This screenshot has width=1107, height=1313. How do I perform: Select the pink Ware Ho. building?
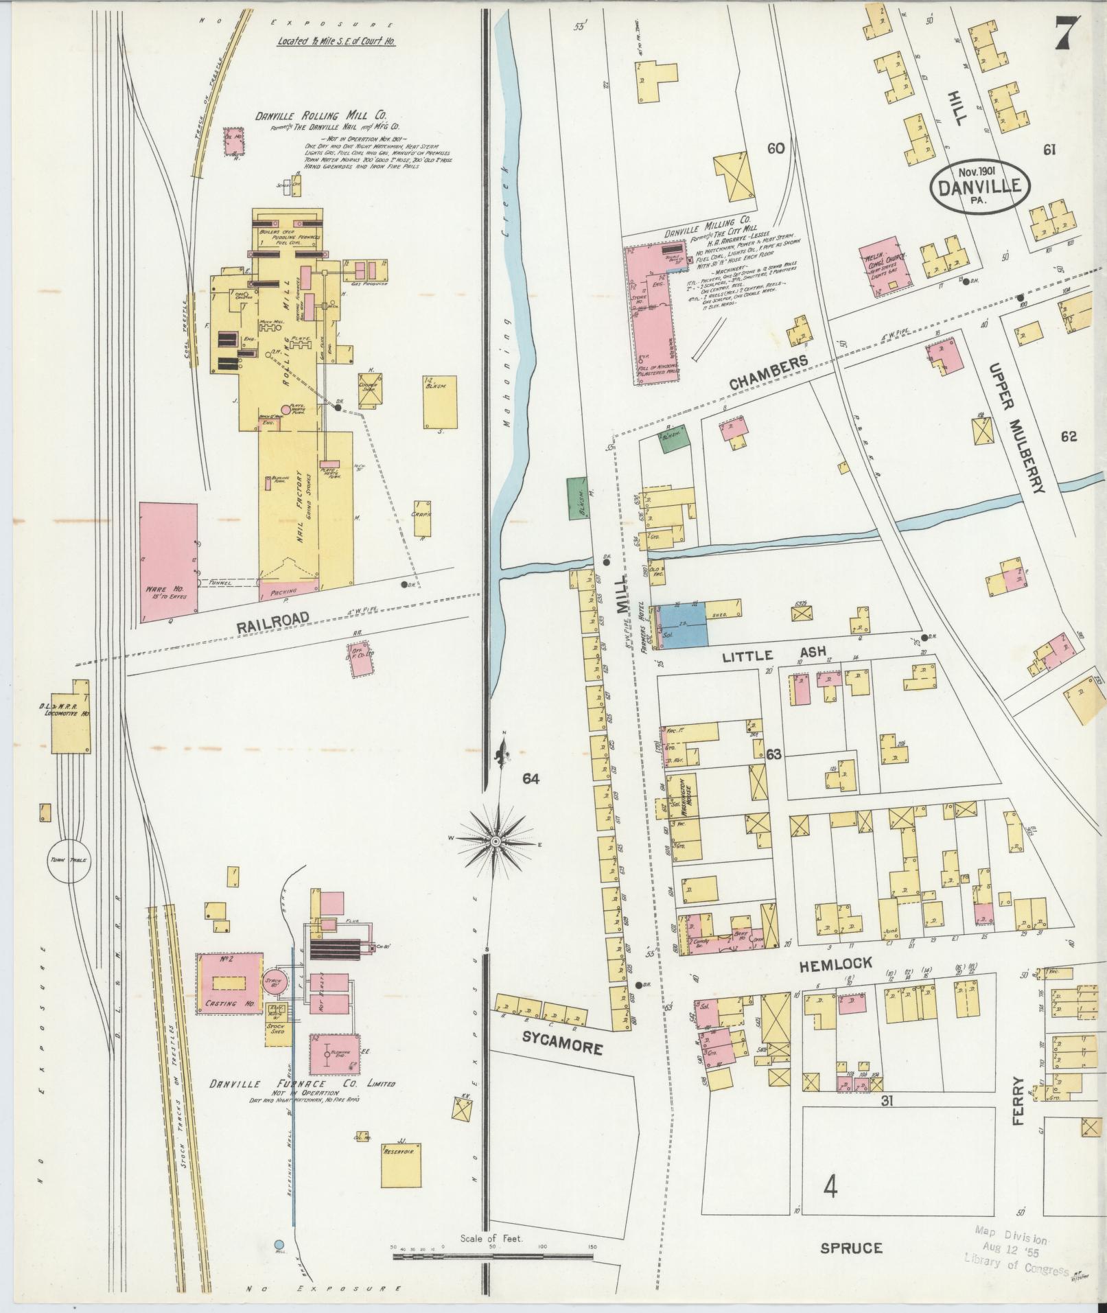(x=169, y=557)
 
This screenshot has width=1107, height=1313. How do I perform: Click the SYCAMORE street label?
(x=562, y=1047)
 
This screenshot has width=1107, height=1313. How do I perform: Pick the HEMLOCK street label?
(x=835, y=964)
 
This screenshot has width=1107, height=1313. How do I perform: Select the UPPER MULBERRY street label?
(x=1016, y=428)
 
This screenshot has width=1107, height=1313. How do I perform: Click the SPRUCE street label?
(x=851, y=1248)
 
